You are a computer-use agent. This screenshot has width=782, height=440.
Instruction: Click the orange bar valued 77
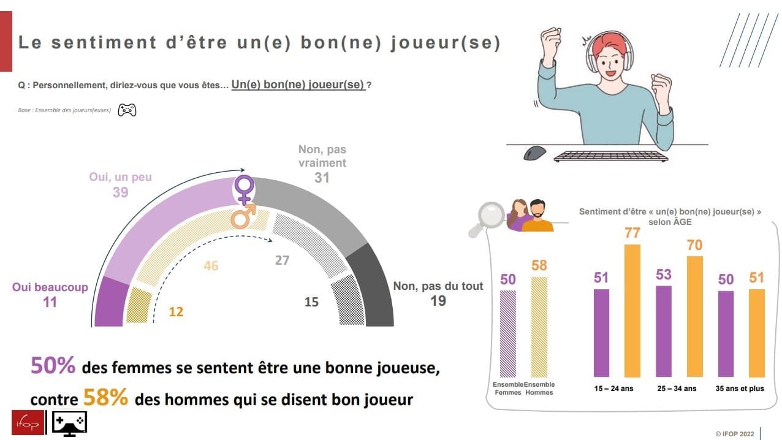coord(632,311)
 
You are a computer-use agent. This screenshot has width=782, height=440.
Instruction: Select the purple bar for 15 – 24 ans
coord(601,333)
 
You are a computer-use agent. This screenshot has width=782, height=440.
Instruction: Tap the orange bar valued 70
coord(695,317)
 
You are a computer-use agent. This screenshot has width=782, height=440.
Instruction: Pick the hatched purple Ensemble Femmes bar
coord(508,334)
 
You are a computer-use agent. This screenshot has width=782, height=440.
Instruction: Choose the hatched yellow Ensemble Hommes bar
coord(539,327)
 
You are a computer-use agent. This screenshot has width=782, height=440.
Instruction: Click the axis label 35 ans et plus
coord(740,389)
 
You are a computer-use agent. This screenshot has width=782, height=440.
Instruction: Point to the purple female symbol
coord(244,189)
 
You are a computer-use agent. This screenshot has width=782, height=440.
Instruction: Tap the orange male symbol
coord(244,216)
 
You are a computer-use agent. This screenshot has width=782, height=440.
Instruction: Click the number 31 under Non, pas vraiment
coord(322,178)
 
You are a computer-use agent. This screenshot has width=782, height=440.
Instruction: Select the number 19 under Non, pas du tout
coord(438,301)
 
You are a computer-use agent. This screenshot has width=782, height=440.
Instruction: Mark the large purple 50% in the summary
coord(53,365)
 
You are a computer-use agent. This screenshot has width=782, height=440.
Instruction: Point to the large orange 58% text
coord(106,397)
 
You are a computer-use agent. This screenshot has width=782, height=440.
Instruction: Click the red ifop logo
coord(28,423)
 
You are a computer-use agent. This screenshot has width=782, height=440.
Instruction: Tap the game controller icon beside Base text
coord(127,110)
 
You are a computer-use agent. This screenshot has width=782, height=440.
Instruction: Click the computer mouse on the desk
coord(534,153)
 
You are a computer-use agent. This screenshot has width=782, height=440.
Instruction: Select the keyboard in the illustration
coord(611,156)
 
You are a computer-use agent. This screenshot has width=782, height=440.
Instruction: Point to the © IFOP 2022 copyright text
coord(735,434)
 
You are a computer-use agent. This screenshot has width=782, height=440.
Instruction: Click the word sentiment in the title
coord(104,43)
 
